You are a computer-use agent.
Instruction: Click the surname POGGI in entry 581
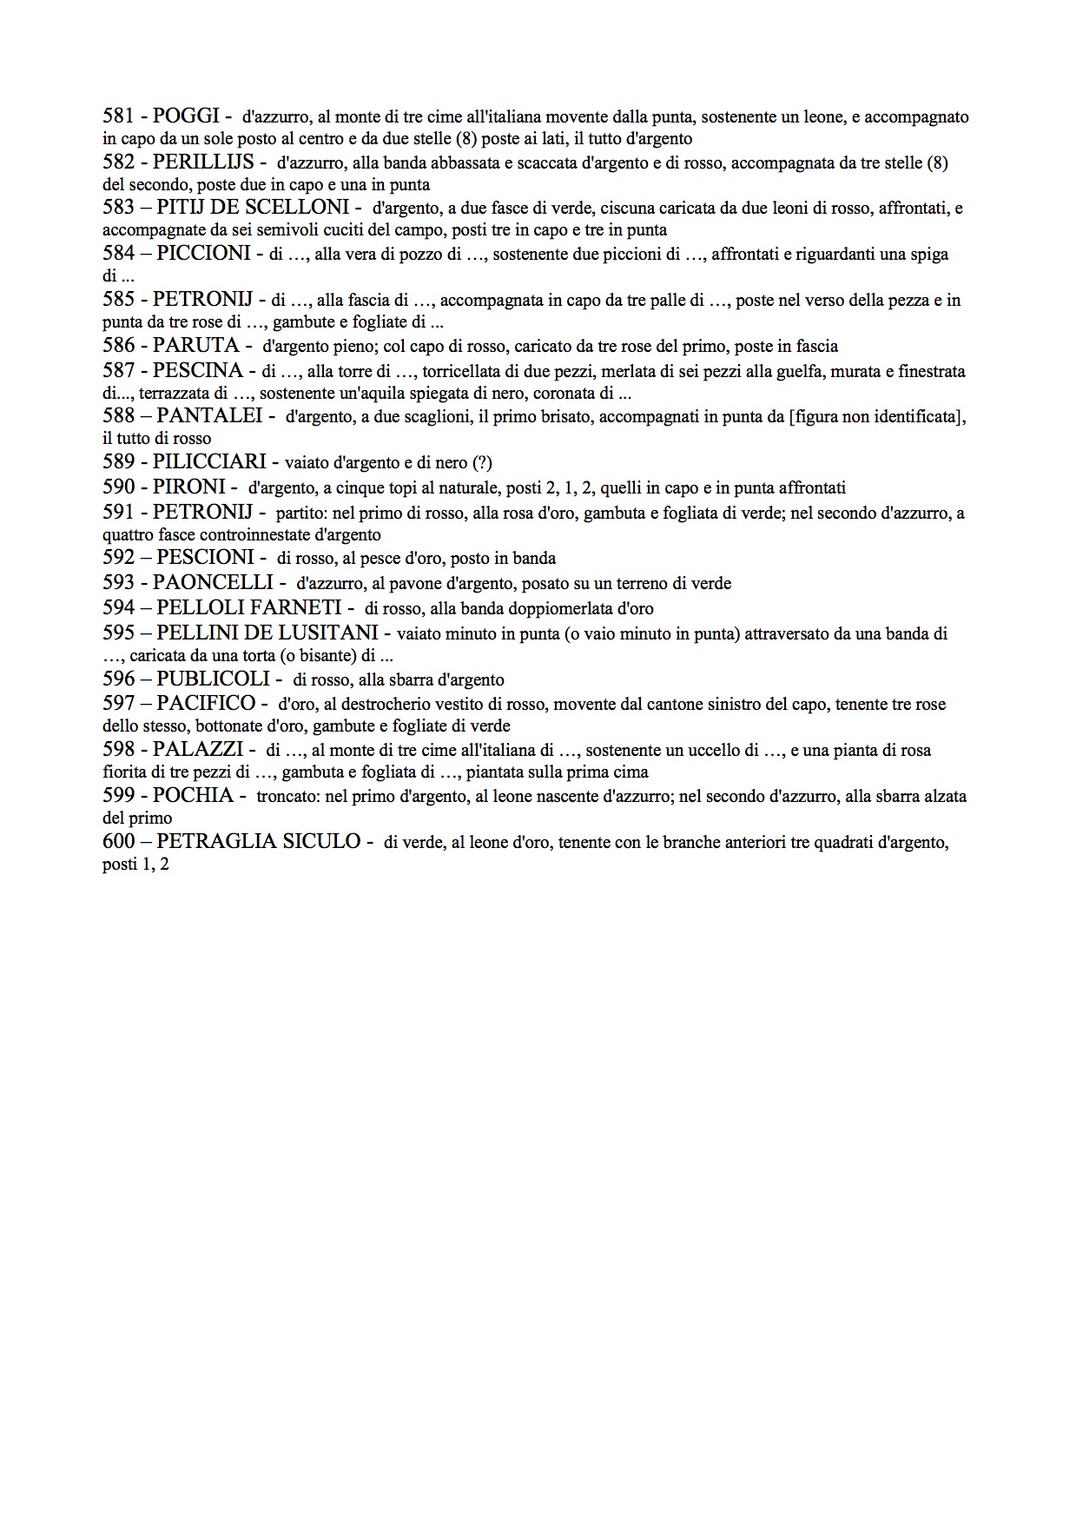[x=186, y=116]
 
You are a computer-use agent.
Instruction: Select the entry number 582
[x=119, y=162]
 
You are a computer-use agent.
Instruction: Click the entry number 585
[x=119, y=300]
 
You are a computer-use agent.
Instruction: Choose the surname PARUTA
[x=195, y=346]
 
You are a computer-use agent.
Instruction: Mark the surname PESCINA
[x=198, y=371]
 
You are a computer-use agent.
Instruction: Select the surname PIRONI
[x=189, y=487]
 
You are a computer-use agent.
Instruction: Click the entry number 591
[x=119, y=512]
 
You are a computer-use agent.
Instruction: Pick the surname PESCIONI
[x=206, y=558]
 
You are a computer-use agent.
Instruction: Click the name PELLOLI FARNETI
[x=244, y=608]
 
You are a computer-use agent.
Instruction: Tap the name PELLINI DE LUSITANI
[x=267, y=633]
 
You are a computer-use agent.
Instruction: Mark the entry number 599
[x=119, y=795]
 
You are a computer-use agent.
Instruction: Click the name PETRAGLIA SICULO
[x=259, y=841]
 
